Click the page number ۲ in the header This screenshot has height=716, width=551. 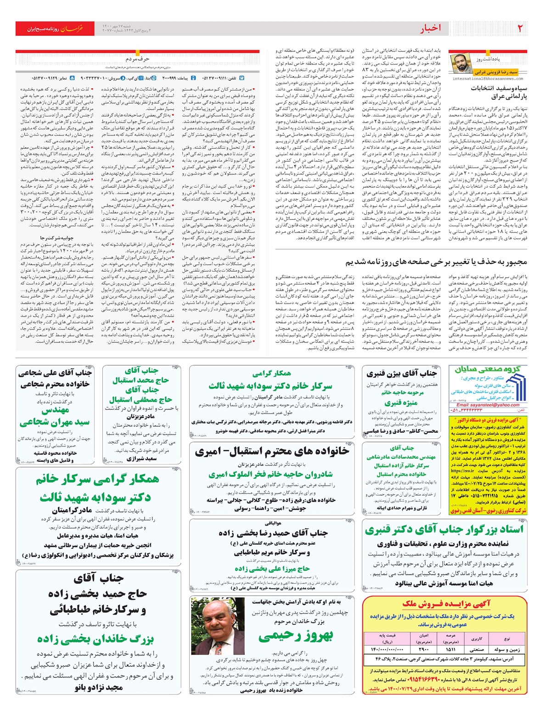pyautogui.click(x=520, y=28)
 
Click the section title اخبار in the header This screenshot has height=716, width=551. pyautogui.click(x=430, y=28)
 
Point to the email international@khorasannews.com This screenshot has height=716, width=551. pyautogui.click(x=489, y=79)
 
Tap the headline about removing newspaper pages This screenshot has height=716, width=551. pyautogui.click(x=436, y=262)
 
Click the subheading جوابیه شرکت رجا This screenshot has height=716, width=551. pyautogui.click(x=56, y=238)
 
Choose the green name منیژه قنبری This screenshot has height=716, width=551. pyautogui.click(x=401, y=403)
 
